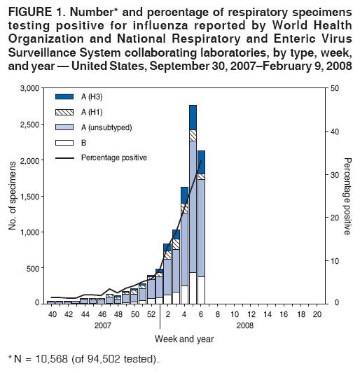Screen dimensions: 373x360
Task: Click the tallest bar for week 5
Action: point(193,210)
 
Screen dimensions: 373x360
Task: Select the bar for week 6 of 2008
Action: point(201,231)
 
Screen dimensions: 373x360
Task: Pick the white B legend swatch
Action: point(64,142)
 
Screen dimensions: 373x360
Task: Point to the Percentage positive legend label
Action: point(113,157)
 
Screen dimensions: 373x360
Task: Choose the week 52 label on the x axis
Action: point(151,315)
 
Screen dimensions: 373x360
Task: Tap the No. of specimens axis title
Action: point(12,196)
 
